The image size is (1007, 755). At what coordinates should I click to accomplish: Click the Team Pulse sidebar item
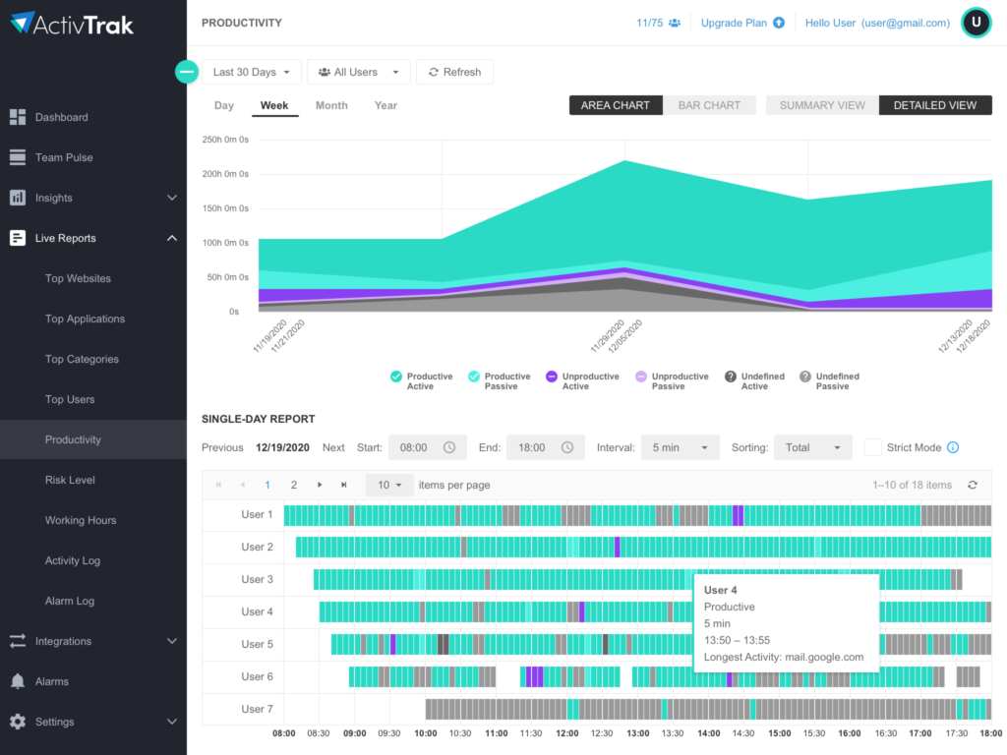(x=64, y=157)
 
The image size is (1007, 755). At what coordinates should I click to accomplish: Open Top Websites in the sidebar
(x=78, y=278)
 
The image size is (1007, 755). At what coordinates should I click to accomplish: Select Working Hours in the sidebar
(x=81, y=520)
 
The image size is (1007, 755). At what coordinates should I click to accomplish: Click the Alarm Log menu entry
(x=70, y=601)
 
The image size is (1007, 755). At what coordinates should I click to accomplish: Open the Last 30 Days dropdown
(x=252, y=72)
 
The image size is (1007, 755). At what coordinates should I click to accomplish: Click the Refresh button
(x=454, y=72)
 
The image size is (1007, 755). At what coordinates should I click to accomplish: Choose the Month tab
(x=331, y=105)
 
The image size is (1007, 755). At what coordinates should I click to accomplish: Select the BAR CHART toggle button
(x=709, y=105)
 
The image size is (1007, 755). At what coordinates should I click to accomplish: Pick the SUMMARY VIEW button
(x=822, y=105)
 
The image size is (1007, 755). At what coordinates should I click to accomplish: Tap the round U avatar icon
(x=976, y=23)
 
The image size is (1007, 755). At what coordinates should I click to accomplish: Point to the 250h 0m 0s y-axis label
(x=226, y=140)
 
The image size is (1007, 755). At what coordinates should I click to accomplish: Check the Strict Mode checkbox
(x=872, y=447)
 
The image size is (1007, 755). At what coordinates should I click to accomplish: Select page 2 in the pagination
(x=293, y=485)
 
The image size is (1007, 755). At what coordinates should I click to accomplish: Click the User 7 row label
(x=257, y=709)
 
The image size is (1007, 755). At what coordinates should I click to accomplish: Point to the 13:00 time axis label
(x=637, y=733)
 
